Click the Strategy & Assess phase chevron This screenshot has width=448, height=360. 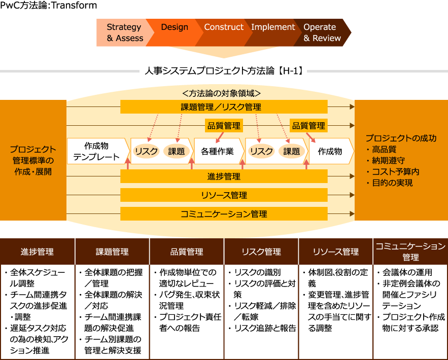(x=124, y=32)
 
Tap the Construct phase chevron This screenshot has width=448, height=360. (x=223, y=32)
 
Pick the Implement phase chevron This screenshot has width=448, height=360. (x=273, y=32)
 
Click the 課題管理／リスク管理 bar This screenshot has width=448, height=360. (x=224, y=107)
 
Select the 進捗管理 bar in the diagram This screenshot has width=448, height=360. (x=224, y=176)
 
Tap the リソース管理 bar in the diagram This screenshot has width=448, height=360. (x=224, y=195)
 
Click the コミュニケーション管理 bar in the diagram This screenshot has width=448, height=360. (x=224, y=214)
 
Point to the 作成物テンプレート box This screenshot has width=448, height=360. (x=96, y=151)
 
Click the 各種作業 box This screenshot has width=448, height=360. (x=217, y=151)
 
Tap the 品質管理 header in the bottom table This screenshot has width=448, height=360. (x=187, y=251)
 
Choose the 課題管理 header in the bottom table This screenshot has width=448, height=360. (x=112, y=251)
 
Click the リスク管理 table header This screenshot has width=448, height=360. (x=261, y=251)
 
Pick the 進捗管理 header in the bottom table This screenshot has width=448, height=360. (x=38, y=251)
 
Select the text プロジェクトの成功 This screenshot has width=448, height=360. (x=401, y=138)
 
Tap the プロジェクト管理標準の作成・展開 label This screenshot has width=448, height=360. (x=33, y=160)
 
